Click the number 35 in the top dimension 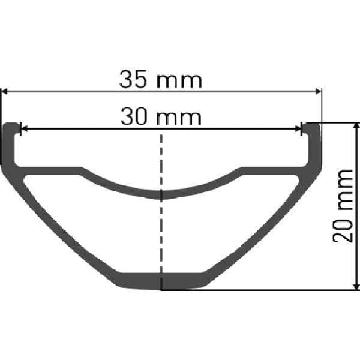[133, 79]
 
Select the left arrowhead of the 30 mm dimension [25, 128]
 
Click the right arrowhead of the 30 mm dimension [296, 128]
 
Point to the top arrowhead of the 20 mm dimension [357, 127]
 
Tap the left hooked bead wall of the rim [11, 144]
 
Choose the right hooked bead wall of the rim [314, 144]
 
